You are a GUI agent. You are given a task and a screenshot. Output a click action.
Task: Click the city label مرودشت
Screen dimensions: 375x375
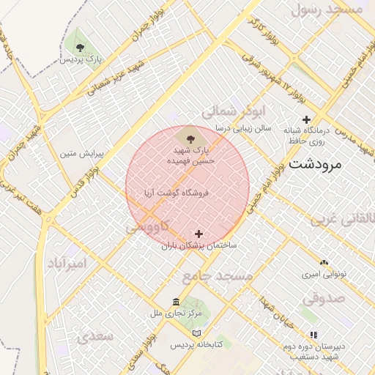coord(316,164)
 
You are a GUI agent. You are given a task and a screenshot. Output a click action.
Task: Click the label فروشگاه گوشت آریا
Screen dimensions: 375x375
coord(178,193)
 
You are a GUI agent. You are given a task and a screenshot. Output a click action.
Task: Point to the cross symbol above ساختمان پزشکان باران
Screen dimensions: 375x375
coord(198,234)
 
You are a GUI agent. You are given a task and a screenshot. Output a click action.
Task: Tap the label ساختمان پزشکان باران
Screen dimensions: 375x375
coord(198,247)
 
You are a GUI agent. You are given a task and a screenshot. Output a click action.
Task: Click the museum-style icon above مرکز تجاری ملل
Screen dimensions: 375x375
coord(176,302)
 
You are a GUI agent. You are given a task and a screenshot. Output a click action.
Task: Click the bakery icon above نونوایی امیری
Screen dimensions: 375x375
coord(324,261)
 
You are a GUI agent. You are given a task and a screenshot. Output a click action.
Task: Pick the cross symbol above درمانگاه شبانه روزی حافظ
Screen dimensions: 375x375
coord(306,119)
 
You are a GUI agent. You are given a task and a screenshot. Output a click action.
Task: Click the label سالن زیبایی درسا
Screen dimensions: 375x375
coord(242,127)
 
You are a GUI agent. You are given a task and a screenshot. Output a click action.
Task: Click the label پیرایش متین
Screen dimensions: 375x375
coord(81,155)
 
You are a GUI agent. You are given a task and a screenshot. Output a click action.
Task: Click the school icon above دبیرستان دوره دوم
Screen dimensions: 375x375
coord(313,335)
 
